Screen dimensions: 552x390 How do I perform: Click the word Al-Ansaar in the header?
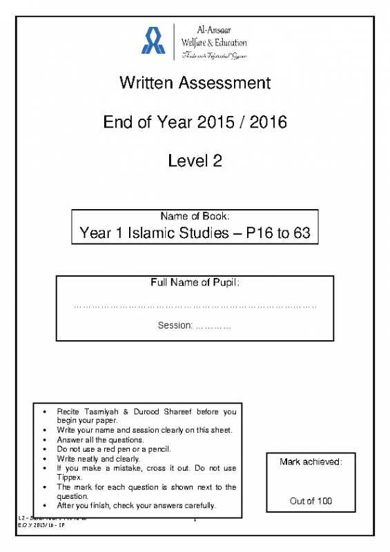[213, 30]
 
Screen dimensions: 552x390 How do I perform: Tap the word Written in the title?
[147, 83]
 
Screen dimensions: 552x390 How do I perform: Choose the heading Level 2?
[195, 161]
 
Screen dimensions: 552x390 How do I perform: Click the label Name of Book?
[195, 217]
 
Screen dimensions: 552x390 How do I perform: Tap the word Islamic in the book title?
[153, 233]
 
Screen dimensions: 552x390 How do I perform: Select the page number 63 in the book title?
[302, 233]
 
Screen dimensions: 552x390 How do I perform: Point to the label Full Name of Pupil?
[195, 283]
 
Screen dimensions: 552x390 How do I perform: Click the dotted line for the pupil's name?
[195, 304]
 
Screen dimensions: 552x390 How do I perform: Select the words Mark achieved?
[311, 462]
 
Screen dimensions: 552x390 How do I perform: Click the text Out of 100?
[311, 501]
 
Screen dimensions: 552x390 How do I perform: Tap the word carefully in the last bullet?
[193, 505]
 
